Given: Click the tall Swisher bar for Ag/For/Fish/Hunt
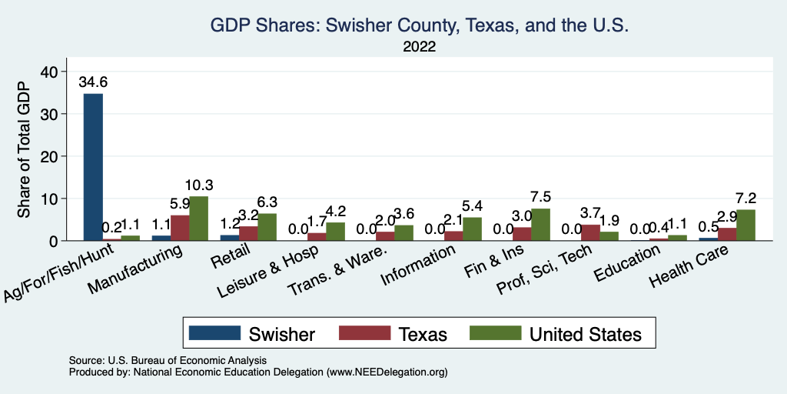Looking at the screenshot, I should coord(93,167).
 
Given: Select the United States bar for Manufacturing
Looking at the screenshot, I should coord(199,219).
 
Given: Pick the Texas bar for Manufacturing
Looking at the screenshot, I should coord(179,228).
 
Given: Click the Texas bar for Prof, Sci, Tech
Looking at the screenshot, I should coord(589,232).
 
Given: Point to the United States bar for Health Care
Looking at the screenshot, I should coord(745,225).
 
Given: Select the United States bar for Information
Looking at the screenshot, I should coord(472,229).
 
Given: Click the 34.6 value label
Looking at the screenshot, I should coord(93,81).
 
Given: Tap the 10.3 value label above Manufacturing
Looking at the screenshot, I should coord(199,185).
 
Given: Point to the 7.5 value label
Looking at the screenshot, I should coord(540,196).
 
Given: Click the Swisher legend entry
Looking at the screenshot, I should coord(253,334).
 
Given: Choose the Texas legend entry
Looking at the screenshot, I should coord(396,334).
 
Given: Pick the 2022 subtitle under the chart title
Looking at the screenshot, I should coord(420,47).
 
